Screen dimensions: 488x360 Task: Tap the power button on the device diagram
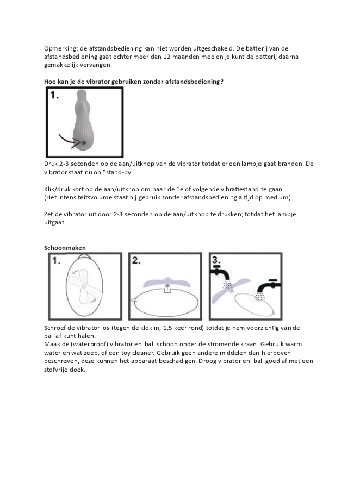coord(83,143)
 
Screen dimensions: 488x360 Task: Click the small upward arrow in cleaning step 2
coord(167,286)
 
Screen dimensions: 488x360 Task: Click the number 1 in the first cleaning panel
coord(57,261)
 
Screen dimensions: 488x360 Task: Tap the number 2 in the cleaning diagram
coord(136,260)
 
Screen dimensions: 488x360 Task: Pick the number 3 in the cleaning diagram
coord(216,259)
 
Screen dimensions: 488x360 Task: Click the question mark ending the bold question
coord(222,82)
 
